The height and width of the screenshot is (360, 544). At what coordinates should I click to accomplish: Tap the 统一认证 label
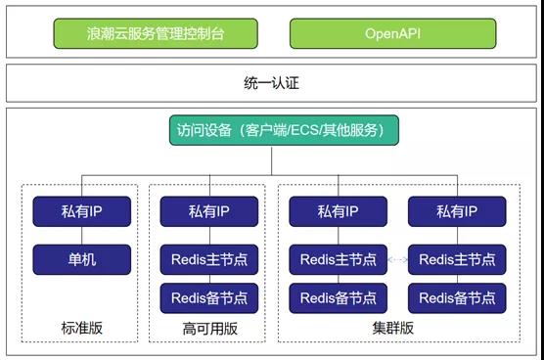(271, 84)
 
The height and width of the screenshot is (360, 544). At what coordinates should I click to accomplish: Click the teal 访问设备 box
(271, 131)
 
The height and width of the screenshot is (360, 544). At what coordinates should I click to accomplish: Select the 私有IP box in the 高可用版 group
(209, 210)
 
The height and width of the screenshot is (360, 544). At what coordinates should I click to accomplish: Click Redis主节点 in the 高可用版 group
(209, 259)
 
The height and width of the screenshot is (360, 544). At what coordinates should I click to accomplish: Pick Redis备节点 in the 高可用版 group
(209, 297)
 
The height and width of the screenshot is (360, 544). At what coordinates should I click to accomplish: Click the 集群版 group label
(398, 326)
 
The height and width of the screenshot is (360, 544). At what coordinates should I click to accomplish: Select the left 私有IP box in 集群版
(338, 210)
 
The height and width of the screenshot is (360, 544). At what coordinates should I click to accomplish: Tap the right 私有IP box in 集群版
(457, 210)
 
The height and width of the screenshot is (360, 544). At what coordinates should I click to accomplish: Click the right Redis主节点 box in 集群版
(457, 259)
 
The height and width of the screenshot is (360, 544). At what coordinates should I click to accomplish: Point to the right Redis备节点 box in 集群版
(457, 297)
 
